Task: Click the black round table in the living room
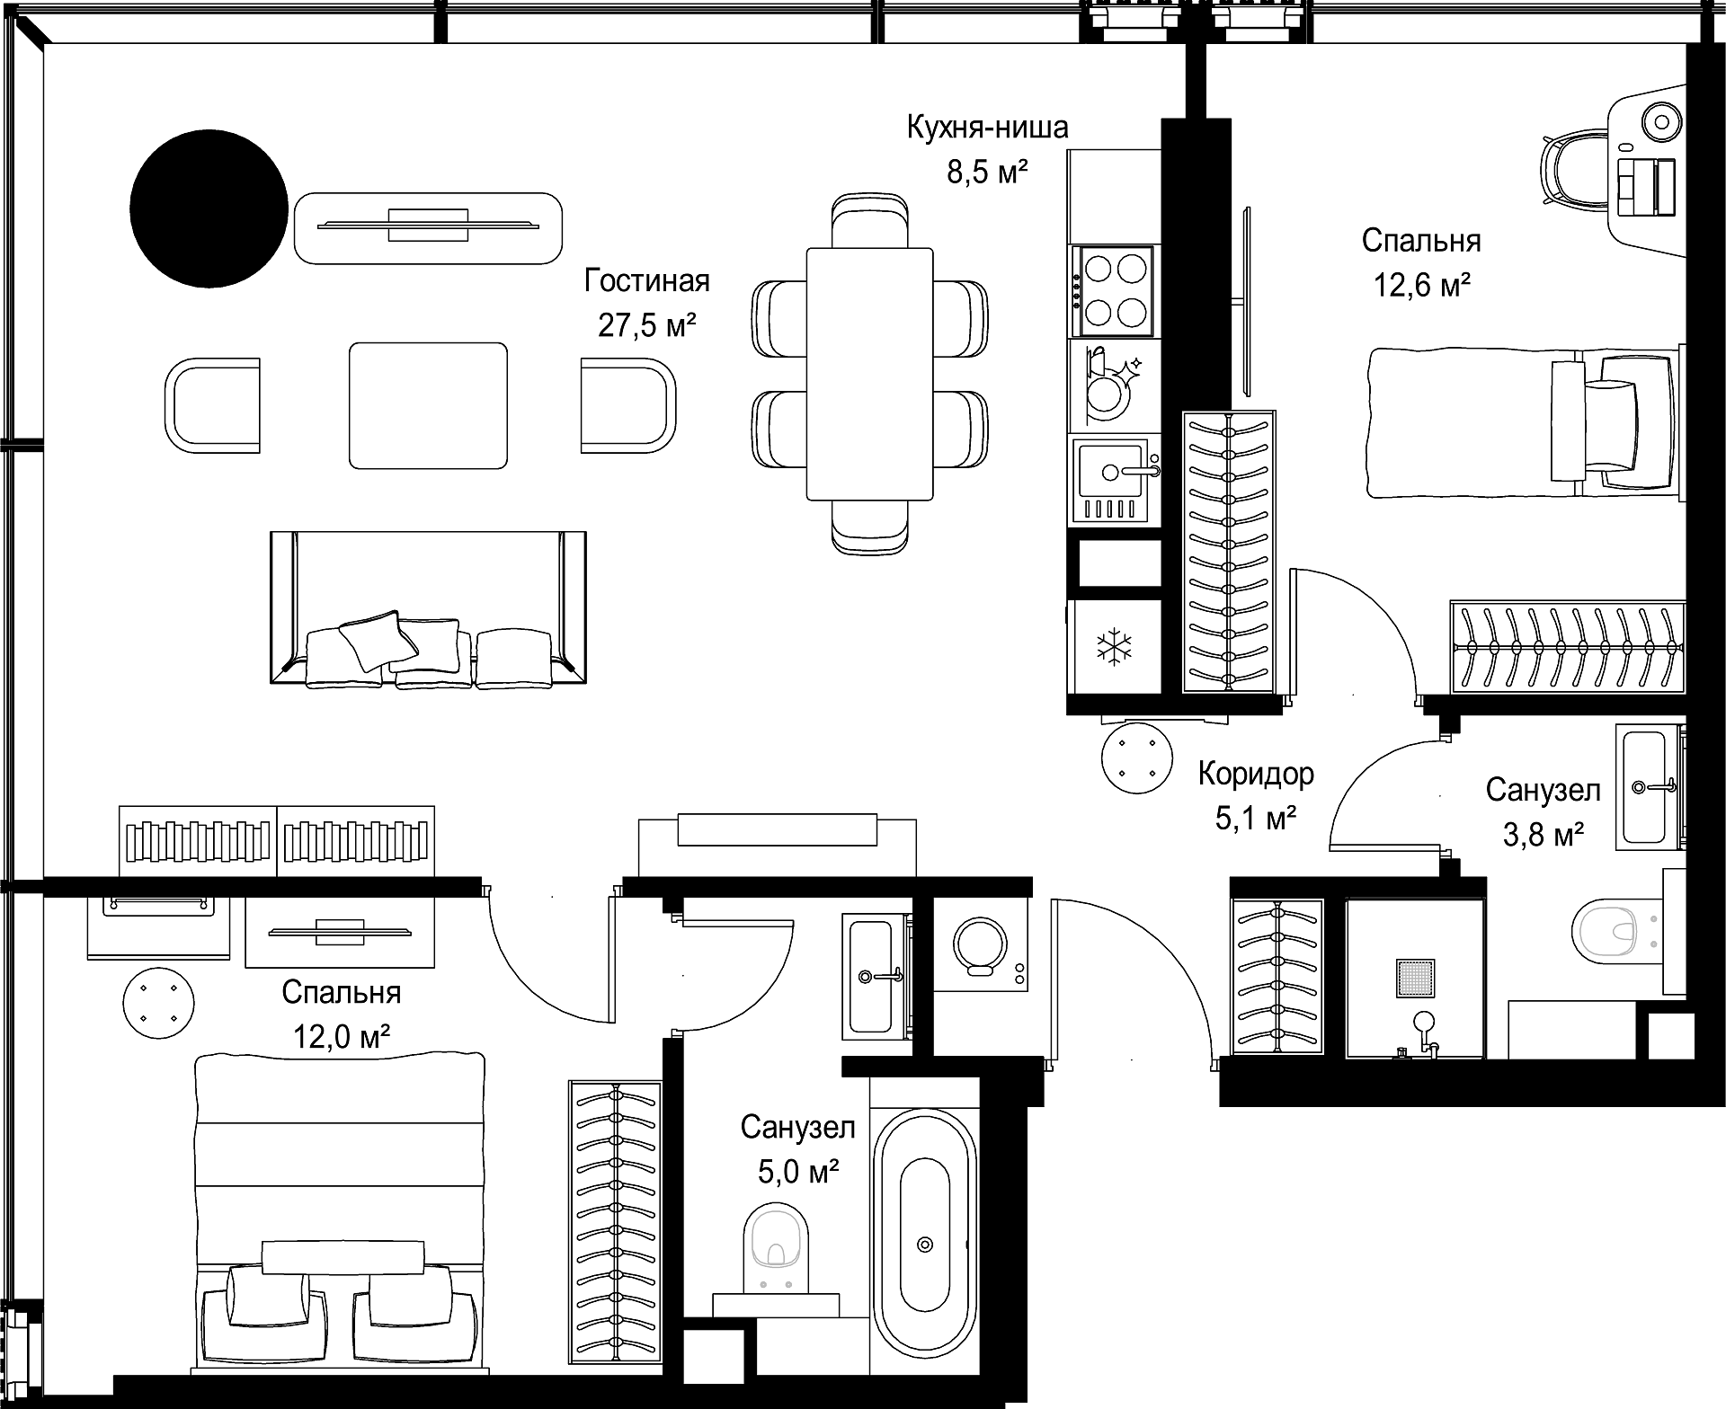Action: coord(209,208)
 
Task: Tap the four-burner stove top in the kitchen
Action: coord(1116,289)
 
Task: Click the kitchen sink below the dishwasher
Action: coord(1116,480)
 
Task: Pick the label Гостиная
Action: coord(647,281)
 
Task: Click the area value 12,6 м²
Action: coord(1421,286)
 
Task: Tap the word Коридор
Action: coord(1256,774)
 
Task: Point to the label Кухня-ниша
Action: coord(987,128)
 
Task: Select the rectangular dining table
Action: coord(869,374)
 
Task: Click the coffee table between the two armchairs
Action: coord(428,405)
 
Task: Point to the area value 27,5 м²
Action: coord(647,325)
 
